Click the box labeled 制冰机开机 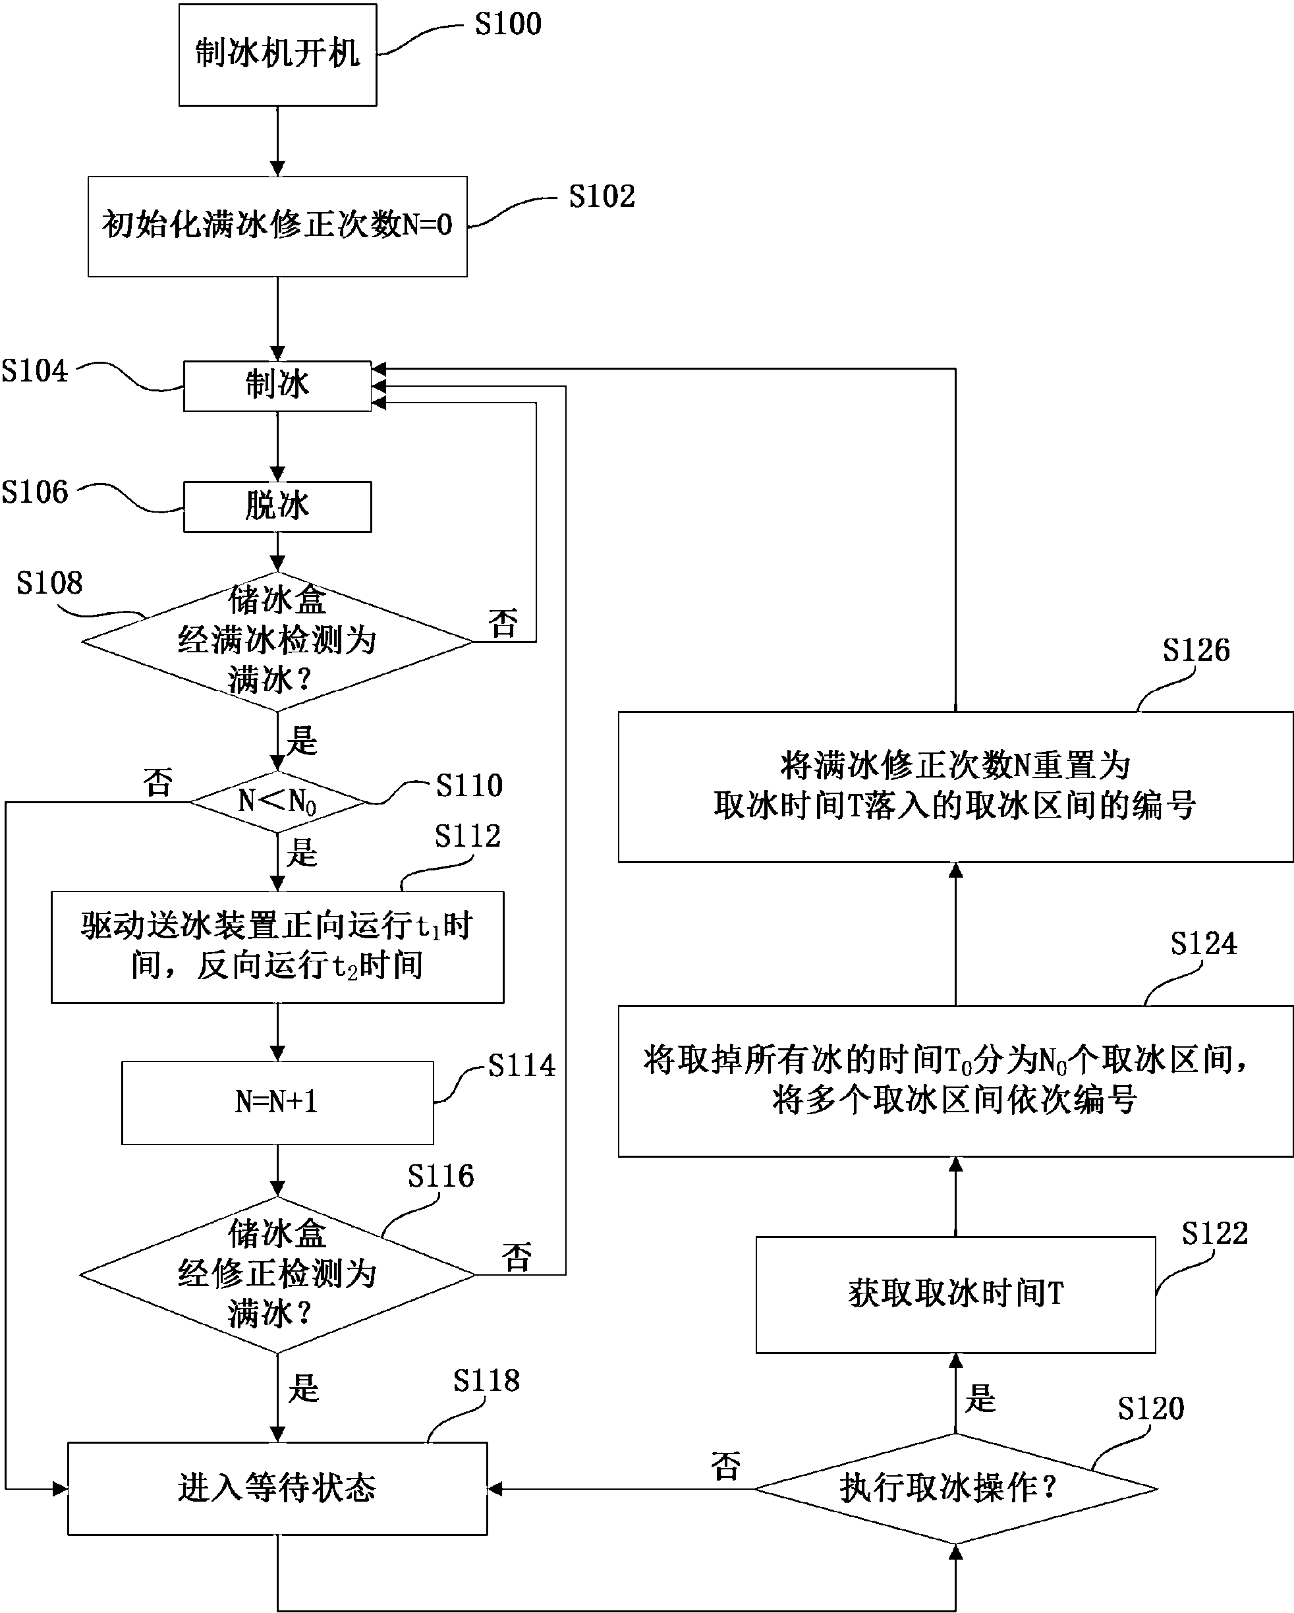(277, 55)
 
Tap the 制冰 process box (277, 385)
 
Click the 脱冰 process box (277, 507)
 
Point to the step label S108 (49, 584)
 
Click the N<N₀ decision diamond (277, 802)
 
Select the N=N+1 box (277, 1102)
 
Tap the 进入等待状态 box (277, 1488)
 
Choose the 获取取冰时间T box (955, 1294)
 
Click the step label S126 (1195, 650)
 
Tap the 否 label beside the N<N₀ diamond (158, 782)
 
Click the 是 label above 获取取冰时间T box (980, 1398)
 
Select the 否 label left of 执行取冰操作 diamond (725, 1466)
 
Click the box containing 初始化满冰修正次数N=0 (277, 226)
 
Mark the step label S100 (508, 24)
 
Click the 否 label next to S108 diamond (503, 623)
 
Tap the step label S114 (521, 1065)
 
